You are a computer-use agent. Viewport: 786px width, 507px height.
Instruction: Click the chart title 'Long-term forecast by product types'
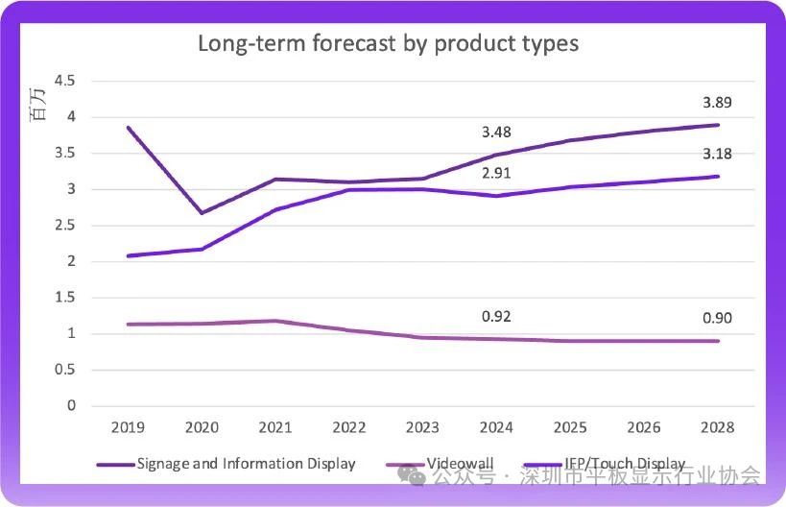(x=388, y=43)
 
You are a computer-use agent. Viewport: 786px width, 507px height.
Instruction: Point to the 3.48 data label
(x=497, y=132)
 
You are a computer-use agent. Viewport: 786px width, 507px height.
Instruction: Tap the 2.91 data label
(x=497, y=175)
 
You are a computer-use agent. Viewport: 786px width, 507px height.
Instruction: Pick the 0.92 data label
(x=497, y=317)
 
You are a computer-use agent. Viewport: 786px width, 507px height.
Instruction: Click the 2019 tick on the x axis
(x=128, y=427)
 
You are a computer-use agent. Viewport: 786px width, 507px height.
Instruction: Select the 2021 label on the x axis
(x=275, y=427)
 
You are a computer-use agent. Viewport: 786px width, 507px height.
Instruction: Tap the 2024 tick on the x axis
(x=497, y=427)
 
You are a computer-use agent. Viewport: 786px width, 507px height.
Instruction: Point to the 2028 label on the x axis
(x=718, y=427)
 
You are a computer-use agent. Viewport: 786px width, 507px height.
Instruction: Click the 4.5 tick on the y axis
(x=64, y=81)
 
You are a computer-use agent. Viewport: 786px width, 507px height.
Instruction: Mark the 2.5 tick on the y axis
(x=64, y=226)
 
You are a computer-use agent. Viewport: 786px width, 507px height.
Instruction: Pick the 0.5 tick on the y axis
(x=64, y=370)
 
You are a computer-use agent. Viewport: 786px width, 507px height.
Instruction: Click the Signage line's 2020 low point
(x=202, y=213)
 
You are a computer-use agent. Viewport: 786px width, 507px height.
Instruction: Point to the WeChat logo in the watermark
(x=411, y=475)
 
